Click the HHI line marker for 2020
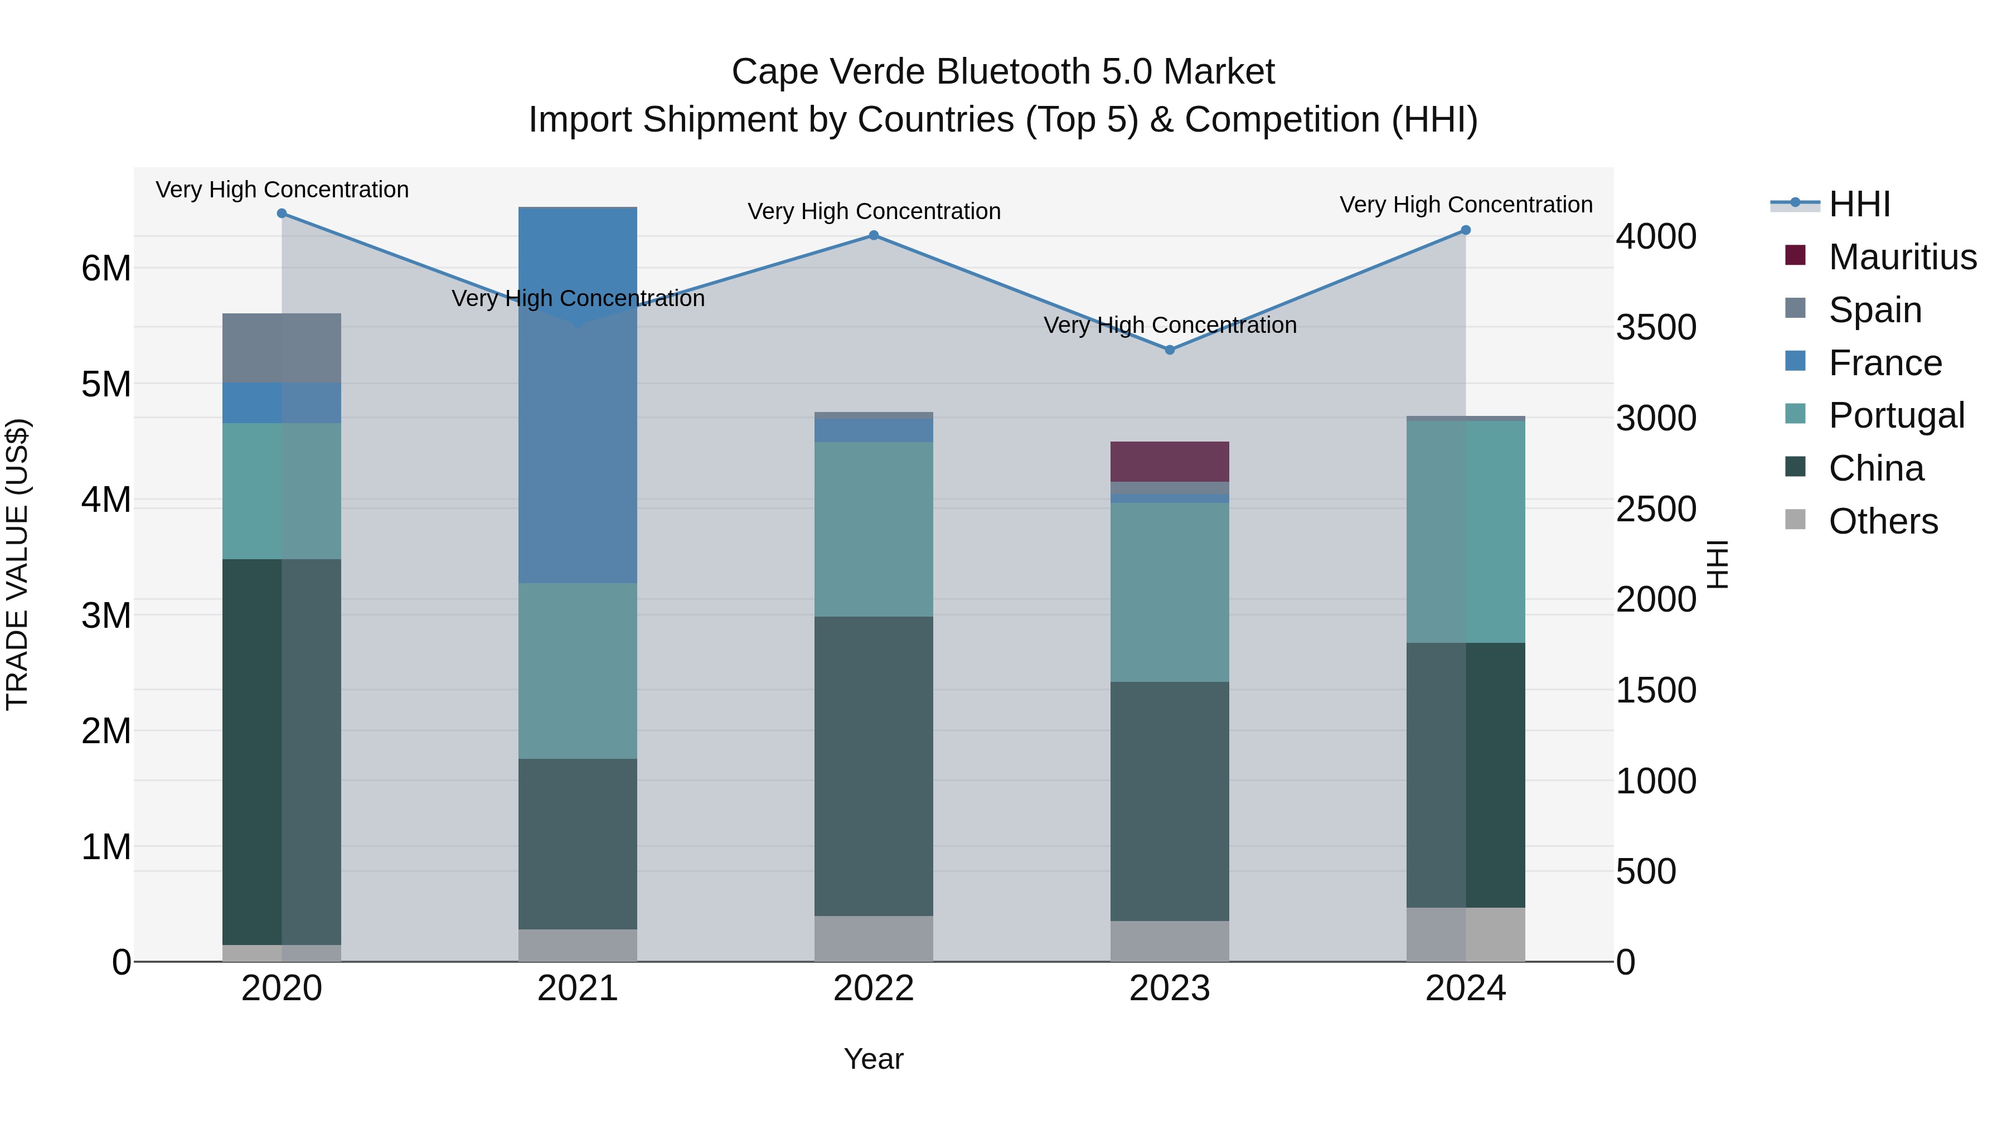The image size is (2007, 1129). click(x=282, y=214)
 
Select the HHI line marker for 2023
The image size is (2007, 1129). click(x=1170, y=350)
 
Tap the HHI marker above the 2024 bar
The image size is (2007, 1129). click(x=1466, y=230)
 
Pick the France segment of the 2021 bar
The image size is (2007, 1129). click(x=578, y=395)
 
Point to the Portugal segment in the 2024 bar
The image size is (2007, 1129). click(x=1466, y=531)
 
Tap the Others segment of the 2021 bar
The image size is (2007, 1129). click(x=578, y=944)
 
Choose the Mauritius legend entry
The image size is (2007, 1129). click(x=1901, y=257)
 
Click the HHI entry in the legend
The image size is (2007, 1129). click(x=1859, y=204)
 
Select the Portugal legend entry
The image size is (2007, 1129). click(x=1895, y=415)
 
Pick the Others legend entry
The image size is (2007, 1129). click(x=1882, y=521)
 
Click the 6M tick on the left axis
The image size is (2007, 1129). click(x=106, y=268)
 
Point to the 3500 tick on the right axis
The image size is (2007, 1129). click(x=1656, y=327)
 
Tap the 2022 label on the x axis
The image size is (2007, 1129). click(x=874, y=989)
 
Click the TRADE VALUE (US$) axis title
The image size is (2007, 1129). click(x=17, y=564)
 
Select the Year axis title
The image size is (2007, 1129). click(x=874, y=1059)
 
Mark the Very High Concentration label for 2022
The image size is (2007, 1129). click(x=874, y=211)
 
